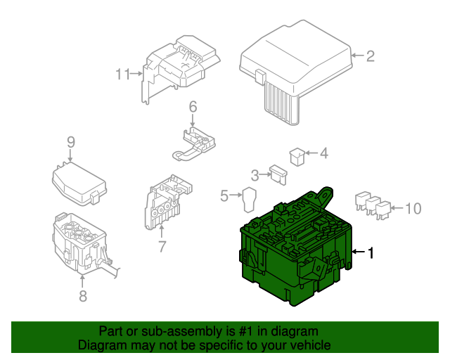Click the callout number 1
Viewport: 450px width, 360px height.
[x=373, y=252]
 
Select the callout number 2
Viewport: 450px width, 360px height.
[x=371, y=56]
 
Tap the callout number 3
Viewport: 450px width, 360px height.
[x=255, y=174]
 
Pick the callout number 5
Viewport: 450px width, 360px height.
[x=224, y=196]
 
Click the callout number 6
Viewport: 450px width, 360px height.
[x=192, y=107]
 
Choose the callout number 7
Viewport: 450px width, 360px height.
[x=162, y=246]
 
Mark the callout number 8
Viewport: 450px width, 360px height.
[x=83, y=296]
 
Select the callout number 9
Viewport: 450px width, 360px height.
[x=70, y=142]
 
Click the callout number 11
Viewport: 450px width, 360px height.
[x=124, y=74]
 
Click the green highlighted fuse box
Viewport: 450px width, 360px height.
[x=295, y=253]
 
